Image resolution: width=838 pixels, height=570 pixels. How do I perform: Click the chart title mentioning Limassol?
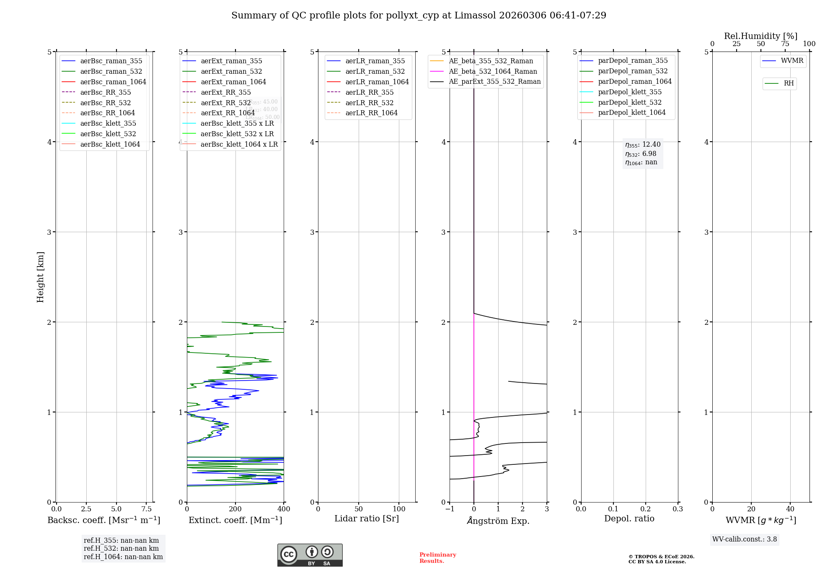[419, 16]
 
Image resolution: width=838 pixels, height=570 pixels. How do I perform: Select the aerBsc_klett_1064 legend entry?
[110, 144]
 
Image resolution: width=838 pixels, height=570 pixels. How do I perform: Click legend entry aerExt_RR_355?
[225, 92]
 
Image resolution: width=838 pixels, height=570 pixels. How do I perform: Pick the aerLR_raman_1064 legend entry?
[377, 82]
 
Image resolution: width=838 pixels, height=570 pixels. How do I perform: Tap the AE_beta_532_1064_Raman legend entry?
[493, 71]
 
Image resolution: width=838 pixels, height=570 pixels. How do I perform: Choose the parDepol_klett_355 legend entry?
[629, 92]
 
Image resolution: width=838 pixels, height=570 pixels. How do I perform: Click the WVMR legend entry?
[791, 61]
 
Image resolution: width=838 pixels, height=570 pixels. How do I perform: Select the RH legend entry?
[788, 83]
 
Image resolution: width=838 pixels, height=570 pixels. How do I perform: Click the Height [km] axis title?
[40, 277]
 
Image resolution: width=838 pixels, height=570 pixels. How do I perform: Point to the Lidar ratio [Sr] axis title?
[367, 518]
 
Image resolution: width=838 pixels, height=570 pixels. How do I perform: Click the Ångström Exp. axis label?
[498, 521]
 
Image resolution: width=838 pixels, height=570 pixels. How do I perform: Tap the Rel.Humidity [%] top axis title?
[760, 36]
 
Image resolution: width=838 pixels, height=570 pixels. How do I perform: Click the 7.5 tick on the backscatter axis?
[146, 509]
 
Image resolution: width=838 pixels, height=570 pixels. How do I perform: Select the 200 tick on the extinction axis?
[235, 509]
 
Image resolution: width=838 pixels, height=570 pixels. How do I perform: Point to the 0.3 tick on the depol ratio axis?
[678, 509]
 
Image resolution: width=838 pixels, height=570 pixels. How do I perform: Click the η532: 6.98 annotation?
[641, 154]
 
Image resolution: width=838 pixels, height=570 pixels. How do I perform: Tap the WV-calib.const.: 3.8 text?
[745, 539]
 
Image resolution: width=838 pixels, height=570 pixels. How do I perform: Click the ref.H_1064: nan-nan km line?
[123, 557]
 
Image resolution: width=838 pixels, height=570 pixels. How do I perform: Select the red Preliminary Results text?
[437, 558]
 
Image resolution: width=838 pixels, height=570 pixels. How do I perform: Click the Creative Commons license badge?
[310, 555]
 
